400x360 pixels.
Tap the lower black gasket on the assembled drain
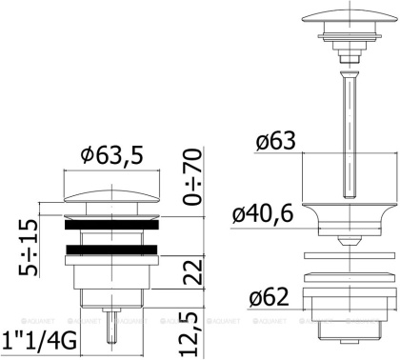(x=110, y=254)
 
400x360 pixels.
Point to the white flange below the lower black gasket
(x=110, y=267)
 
